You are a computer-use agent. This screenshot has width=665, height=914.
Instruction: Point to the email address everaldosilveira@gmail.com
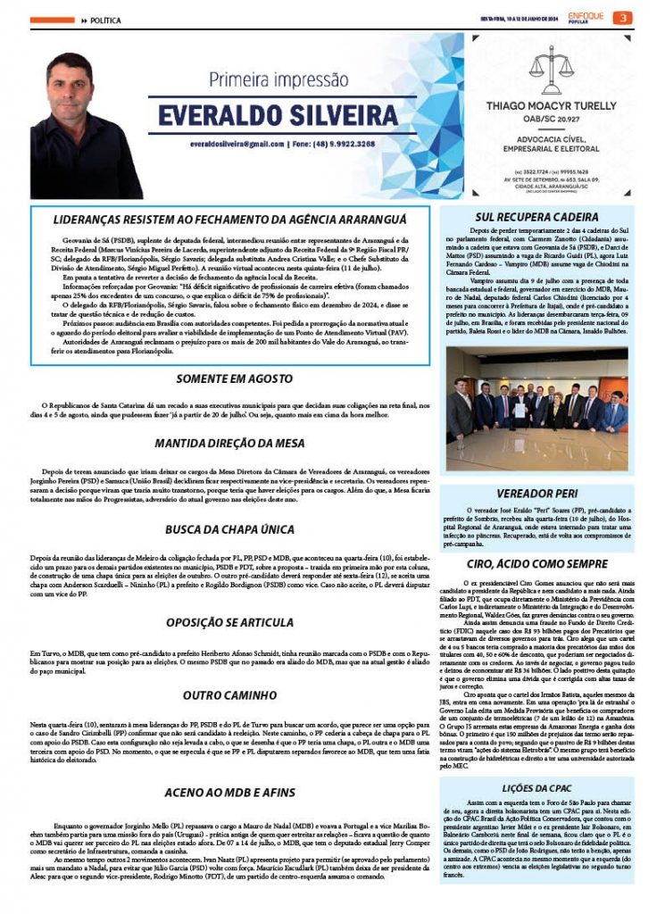pos(237,144)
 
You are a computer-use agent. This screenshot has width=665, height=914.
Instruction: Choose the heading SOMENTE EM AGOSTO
pos(230,378)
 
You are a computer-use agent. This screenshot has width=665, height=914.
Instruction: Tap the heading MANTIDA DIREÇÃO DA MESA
pos(230,443)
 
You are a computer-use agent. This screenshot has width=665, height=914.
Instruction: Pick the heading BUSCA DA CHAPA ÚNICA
pos(230,529)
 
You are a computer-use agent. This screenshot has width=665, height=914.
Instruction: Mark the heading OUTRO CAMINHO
pos(230,694)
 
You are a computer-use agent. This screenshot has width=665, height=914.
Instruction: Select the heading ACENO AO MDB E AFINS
pos(230,791)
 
